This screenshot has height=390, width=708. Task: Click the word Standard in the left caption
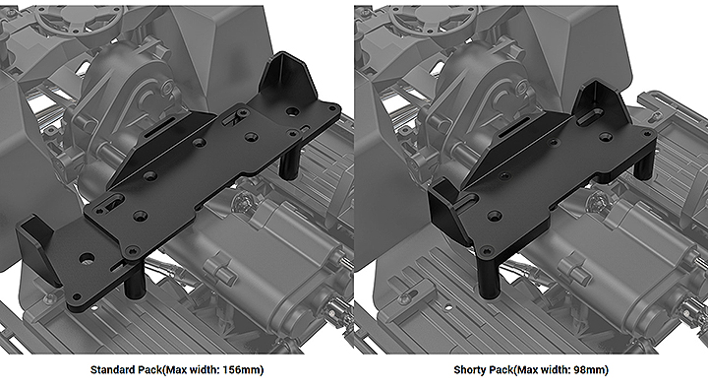[110, 369]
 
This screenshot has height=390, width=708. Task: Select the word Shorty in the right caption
[469, 369]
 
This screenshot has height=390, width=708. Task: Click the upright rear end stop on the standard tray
[285, 77]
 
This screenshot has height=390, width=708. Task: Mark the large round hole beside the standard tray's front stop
[87, 258]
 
